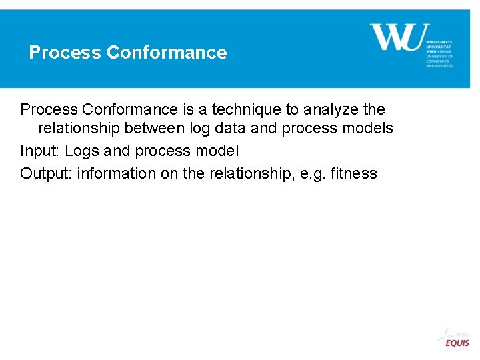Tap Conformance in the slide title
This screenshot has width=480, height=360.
(x=167, y=53)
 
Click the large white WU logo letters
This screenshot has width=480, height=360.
(x=396, y=37)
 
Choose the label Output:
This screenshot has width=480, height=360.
(x=46, y=174)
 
